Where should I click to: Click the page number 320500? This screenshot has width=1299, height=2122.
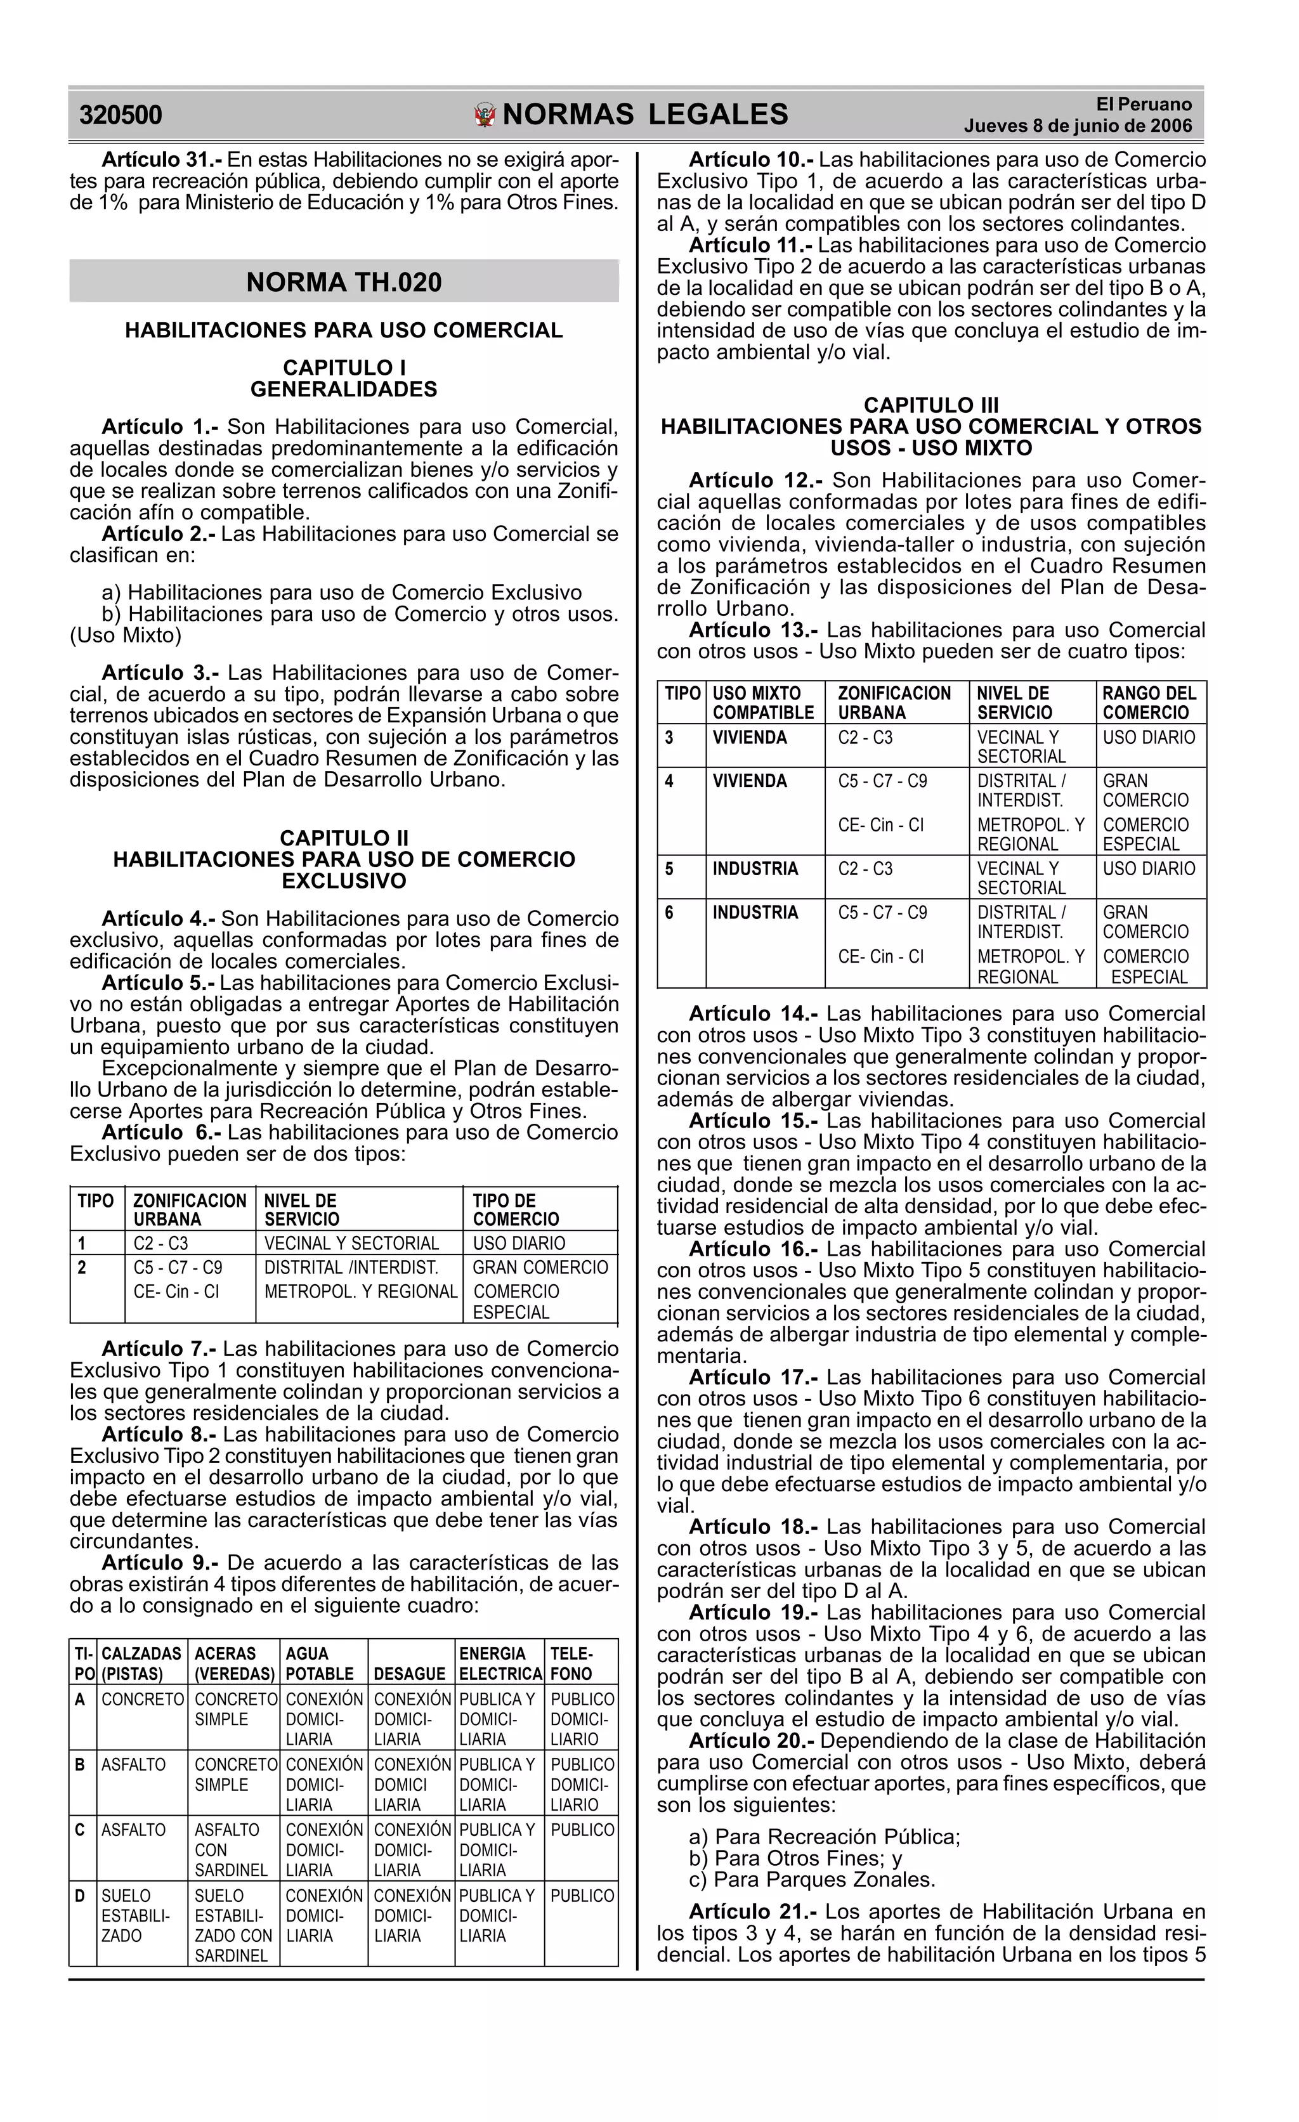click(121, 115)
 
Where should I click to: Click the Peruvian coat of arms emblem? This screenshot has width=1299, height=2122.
click(486, 115)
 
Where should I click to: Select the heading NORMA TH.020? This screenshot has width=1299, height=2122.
click(344, 282)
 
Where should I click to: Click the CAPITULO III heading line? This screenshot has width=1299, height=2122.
click(931, 405)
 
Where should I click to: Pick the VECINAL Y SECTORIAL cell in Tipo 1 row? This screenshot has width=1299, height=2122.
click(351, 1243)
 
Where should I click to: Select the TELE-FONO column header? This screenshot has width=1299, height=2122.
click(571, 1663)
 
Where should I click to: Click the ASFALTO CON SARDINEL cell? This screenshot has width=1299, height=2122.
click(231, 1849)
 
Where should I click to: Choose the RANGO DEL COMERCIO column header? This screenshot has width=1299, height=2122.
click(1149, 703)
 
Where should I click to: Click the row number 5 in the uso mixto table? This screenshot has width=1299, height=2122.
click(669, 868)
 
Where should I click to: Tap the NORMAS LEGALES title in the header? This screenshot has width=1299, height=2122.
click(644, 115)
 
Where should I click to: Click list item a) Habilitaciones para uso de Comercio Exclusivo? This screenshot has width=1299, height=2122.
click(341, 592)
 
